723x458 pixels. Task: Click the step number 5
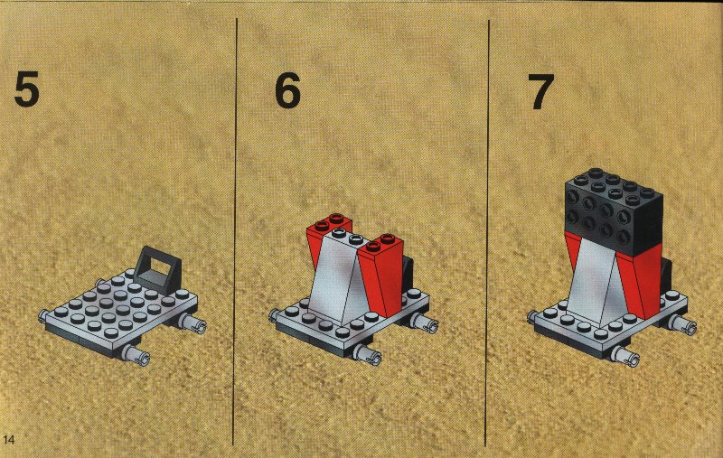27,89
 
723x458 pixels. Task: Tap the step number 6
287,90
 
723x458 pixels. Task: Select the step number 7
540,92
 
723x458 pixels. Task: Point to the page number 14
9,439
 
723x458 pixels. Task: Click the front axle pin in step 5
136,355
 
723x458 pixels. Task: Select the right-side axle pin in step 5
194,322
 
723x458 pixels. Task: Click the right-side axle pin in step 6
425,322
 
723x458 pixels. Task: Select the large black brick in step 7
615,210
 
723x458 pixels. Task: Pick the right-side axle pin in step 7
683,322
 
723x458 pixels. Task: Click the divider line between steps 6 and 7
487,233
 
